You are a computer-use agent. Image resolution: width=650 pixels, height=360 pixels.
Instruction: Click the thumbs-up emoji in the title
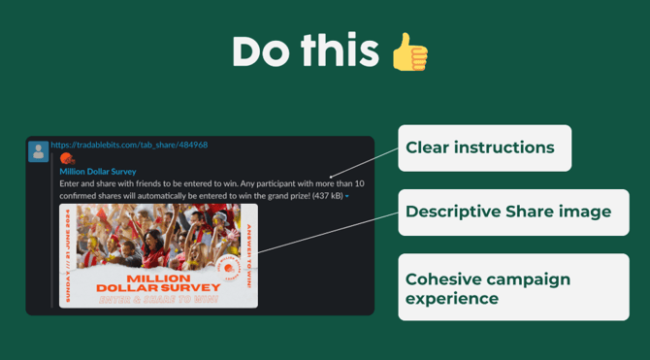click(x=409, y=51)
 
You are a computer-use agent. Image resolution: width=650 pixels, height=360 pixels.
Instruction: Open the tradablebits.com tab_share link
click(x=129, y=146)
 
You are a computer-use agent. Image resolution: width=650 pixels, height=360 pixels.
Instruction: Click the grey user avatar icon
click(x=39, y=151)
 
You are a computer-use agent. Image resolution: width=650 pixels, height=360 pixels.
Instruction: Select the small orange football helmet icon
click(x=67, y=158)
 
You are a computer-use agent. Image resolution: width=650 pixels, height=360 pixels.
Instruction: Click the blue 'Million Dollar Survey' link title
click(x=98, y=171)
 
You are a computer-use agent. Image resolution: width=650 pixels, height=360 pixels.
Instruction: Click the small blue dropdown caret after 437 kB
click(x=347, y=196)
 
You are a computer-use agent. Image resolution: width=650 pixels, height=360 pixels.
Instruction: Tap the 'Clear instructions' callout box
click(x=484, y=148)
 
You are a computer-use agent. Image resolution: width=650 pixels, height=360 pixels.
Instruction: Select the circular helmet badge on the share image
click(x=227, y=268)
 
